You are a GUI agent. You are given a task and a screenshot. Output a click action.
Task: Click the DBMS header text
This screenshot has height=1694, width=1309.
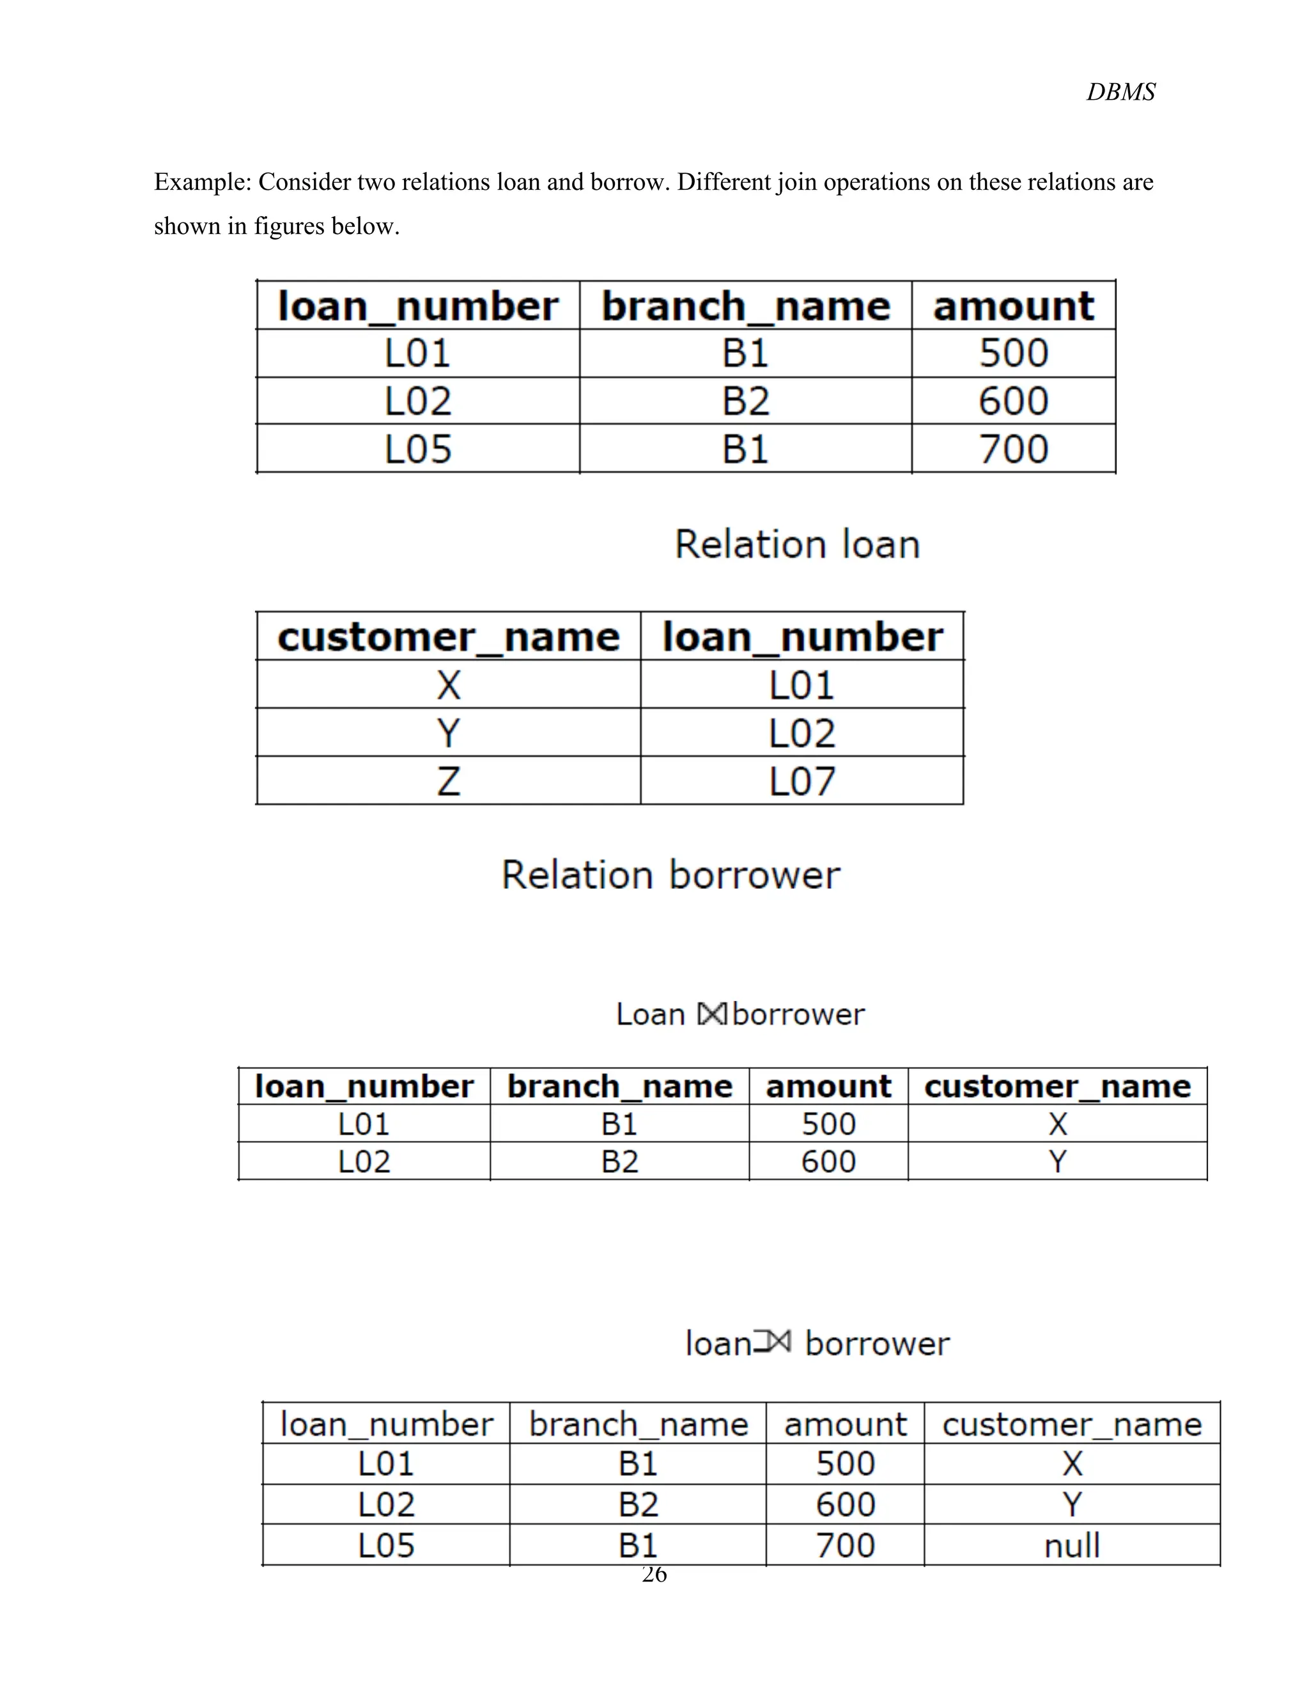(x=1120, y=92)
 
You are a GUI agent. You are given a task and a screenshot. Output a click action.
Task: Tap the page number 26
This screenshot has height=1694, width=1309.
(x=654, y=1574)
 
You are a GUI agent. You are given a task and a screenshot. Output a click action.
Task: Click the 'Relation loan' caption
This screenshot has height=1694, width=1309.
(x=797, y=545)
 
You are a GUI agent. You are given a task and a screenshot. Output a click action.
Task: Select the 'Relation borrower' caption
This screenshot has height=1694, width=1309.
(x=670, y=875)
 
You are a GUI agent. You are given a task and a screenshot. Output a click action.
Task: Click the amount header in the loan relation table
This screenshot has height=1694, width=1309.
(x=1013, y=306)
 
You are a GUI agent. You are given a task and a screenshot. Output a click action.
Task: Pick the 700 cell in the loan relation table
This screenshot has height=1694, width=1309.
(x=1013, y=449)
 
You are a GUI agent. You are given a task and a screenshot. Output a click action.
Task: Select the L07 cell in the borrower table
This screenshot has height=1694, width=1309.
(x=802, y=781)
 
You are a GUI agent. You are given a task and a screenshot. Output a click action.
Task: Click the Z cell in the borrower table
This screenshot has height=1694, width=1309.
(x=448, y=781)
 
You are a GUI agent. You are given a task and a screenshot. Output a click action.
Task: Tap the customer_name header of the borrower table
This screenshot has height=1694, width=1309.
(x=448, y=637)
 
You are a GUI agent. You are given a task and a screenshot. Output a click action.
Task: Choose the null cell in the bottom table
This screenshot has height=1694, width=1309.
(x=1072, y=1545)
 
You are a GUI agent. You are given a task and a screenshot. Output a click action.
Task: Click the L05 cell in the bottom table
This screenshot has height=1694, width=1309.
(x=386, y=1545)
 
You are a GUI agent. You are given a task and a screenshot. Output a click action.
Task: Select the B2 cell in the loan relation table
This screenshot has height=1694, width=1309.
(x=745, y=401)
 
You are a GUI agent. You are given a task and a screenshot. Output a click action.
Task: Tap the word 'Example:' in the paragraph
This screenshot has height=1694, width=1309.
(x=203, y=182)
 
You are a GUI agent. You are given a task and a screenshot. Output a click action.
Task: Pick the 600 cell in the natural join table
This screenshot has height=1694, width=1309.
(x=828, y=1161)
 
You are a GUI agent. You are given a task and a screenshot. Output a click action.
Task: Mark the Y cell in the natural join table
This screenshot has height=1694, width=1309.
(x=1057, y=1161)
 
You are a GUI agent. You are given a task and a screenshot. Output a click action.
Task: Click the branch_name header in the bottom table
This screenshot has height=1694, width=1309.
(x=639, y=1424)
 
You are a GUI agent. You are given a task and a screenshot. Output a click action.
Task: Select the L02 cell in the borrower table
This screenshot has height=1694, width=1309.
(x=802, y=733)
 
